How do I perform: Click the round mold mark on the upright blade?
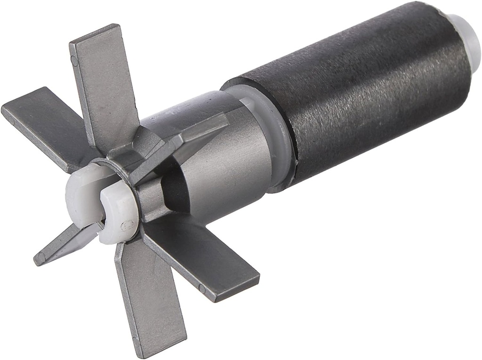click(74, 60)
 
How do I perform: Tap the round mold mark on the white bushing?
click(123, 226)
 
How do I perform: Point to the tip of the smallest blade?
click(40, 258)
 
